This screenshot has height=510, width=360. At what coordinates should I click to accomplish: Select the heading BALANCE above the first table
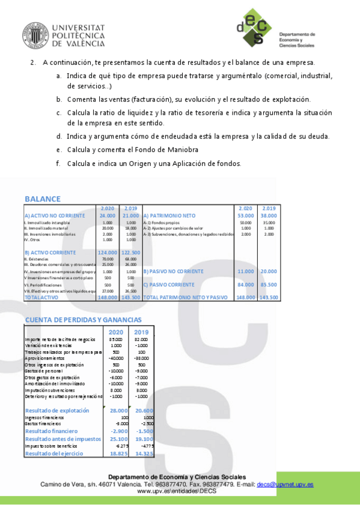[43, 199]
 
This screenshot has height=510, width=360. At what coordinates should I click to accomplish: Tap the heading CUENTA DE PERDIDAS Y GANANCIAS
[84, 319]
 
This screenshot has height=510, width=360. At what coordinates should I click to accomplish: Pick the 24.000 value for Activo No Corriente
[108, 215]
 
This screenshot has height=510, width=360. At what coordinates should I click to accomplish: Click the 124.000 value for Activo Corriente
[108, 253]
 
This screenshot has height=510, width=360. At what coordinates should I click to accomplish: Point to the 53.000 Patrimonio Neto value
[245, 215]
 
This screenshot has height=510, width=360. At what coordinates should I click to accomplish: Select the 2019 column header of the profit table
[142, 332]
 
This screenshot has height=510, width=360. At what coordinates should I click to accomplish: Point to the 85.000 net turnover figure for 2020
[117, 340]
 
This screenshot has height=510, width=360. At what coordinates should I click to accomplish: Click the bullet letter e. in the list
[59, 149]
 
